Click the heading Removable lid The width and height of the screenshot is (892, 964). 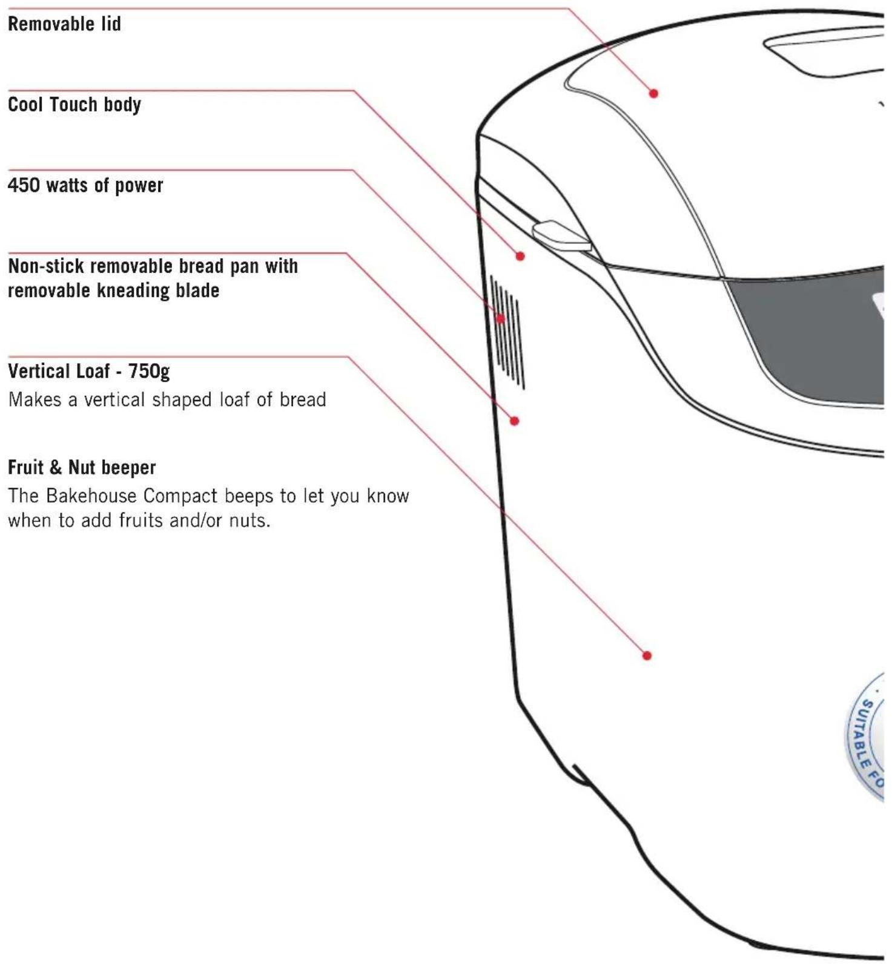64,24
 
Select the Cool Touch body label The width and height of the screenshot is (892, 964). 74,105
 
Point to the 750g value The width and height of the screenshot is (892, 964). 149,371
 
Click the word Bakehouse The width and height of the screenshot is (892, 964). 91,496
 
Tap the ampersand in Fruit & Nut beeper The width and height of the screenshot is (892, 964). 56,467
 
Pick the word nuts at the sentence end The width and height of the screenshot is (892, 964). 249,520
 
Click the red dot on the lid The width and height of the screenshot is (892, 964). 653,93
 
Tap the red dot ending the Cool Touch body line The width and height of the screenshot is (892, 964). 520,256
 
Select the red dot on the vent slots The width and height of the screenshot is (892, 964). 501,318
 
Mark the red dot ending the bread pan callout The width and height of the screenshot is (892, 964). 515,421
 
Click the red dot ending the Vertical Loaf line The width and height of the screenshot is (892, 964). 647,655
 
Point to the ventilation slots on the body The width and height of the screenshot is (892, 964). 507,332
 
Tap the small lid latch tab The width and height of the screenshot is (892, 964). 561,236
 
